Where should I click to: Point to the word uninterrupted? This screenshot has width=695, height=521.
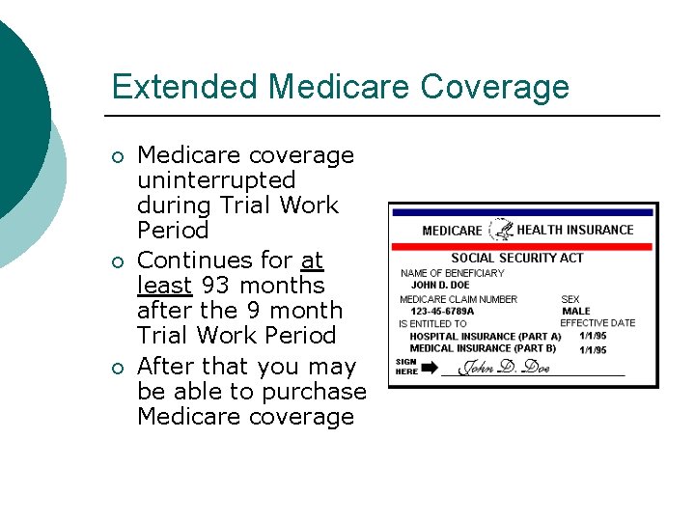(x=216, y=180)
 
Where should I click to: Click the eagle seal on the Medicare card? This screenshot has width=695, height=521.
(x=501, y=230)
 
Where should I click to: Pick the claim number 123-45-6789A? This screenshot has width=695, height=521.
(x=442, y=312)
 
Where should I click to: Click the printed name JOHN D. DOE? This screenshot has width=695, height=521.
(x=440, y=286)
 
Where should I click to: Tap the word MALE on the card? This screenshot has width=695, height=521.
(x=575, y=312)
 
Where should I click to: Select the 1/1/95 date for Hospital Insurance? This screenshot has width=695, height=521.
(x=593, y=336)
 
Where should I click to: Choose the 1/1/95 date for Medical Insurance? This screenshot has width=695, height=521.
(x=593, y=349)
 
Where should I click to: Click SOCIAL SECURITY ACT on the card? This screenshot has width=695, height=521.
(x=516, y=258)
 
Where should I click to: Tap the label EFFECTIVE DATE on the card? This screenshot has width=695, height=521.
(x=597, y=323)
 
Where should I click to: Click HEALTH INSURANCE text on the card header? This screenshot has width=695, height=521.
(x=575, y=230)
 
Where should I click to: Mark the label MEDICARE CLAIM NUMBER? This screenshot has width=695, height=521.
(x=459, y=299)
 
